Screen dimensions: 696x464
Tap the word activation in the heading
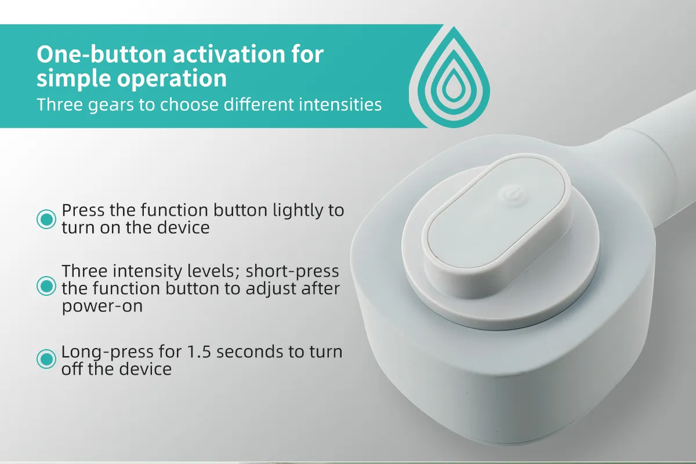[x=229, y=55]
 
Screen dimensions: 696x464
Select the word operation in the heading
[x=172, y=79]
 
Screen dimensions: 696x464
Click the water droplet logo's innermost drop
[x=454, y=85]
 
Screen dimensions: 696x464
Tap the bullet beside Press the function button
[x=46, y=219]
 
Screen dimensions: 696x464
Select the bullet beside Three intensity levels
[x=46, y=286]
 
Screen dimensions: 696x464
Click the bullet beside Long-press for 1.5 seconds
[x=46, y=359]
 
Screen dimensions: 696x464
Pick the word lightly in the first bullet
[x=298, y=211]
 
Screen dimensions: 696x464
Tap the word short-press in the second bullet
[x=292, y=271]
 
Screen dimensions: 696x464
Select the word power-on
[x=102, y=306]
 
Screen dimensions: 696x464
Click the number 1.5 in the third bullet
[x=199, y=352]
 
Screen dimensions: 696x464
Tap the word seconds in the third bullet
[x=250, y=352]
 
